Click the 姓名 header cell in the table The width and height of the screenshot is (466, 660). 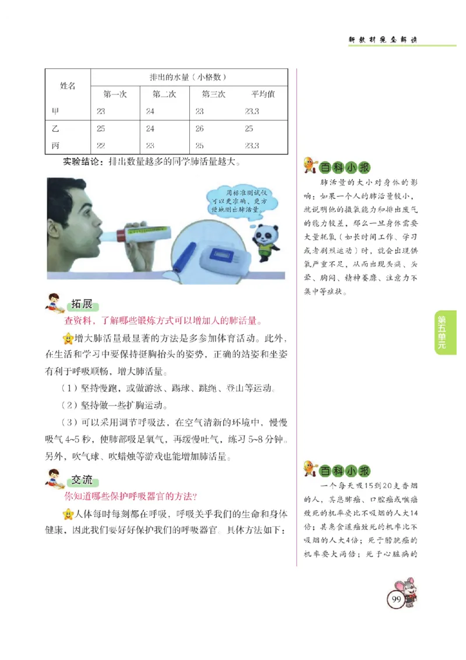(68, 86)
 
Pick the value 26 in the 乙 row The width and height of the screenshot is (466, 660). (200, 129)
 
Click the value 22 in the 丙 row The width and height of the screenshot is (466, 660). (101, 146)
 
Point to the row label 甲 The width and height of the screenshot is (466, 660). (55, 111)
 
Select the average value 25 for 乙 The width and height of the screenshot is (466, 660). (249, 129)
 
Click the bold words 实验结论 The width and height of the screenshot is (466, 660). (84, 161)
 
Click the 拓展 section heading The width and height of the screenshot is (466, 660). (82, 304)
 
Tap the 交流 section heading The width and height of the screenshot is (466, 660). (82, 480)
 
